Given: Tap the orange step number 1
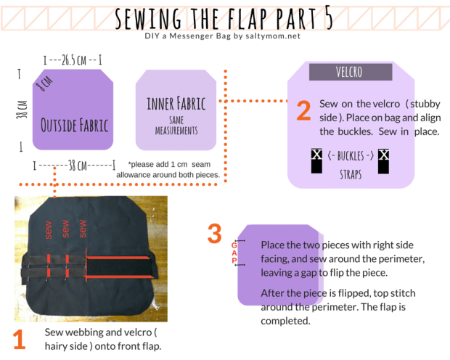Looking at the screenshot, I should pos(19,339).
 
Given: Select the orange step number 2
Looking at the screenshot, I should pos(303,110).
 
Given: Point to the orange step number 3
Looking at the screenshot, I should pos(214,234).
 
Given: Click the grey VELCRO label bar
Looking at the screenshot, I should pos(351,73).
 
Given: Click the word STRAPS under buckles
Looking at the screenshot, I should pos(350,174).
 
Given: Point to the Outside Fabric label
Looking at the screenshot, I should pos(75,125).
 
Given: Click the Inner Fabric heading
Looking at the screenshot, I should pos(176,102).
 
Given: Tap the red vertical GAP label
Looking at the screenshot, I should pos(234,250).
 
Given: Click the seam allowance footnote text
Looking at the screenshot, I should pos(173,170).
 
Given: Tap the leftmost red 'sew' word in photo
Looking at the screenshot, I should pos(49,231).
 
